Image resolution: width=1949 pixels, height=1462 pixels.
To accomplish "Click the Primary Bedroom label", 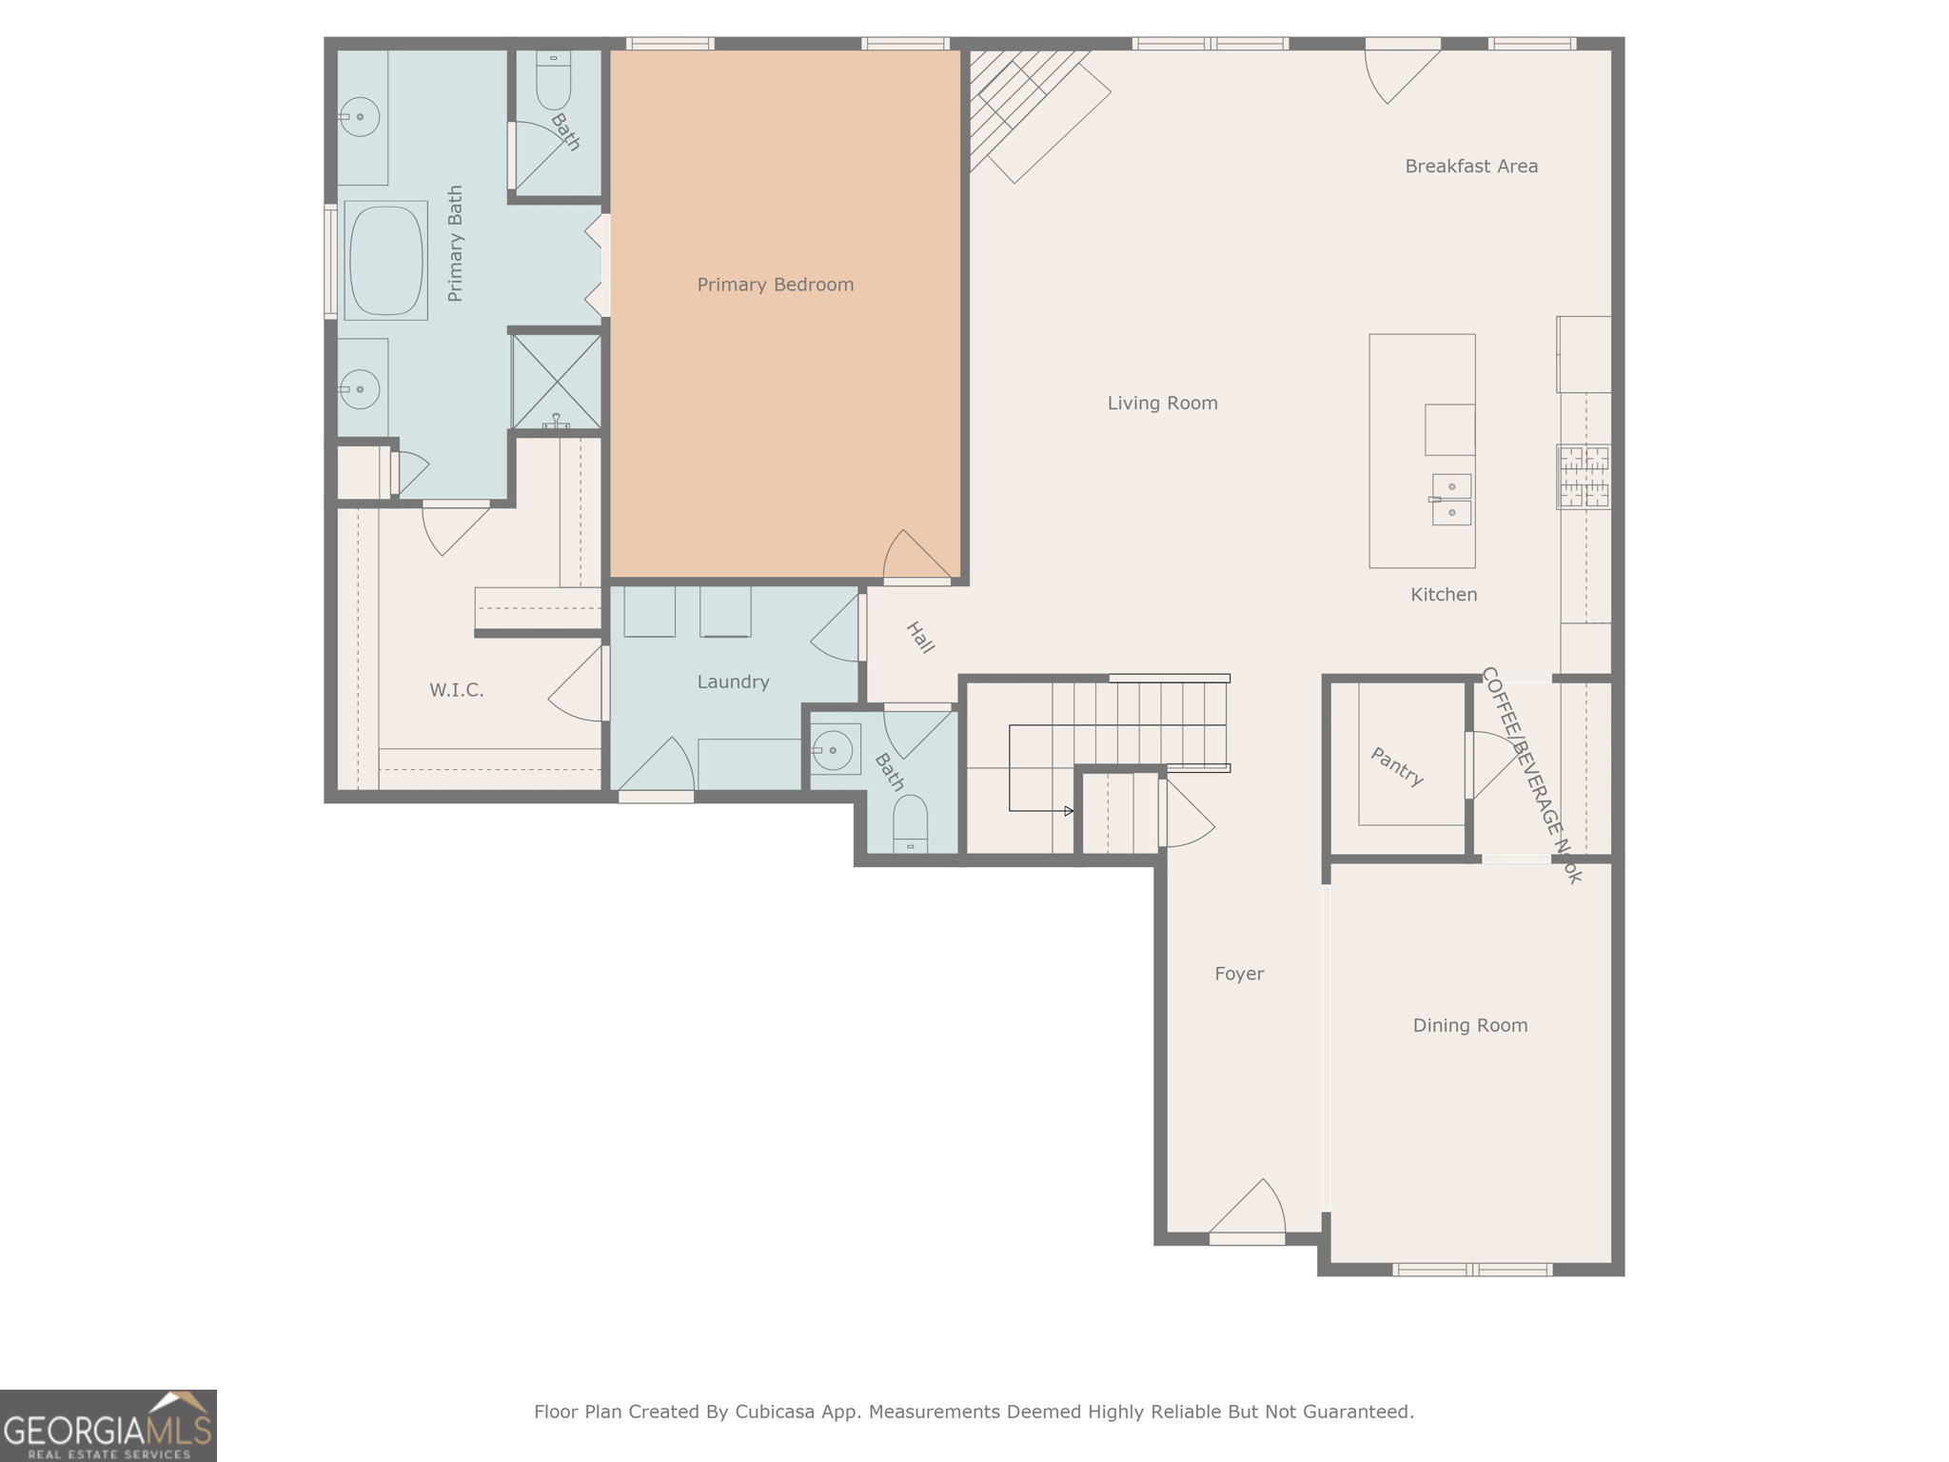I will click(775, 285).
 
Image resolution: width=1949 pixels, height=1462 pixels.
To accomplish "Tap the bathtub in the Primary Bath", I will click(385, 260).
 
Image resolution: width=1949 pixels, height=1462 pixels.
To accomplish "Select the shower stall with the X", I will click(557, 381).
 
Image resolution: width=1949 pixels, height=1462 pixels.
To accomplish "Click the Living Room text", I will click(1162, 404).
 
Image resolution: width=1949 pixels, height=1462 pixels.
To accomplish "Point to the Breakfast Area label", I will click(1470, 167).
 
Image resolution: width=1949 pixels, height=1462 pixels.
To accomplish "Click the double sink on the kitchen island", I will click(1451, 500).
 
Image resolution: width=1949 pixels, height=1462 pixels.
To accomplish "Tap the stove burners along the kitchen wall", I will click(1584, 477).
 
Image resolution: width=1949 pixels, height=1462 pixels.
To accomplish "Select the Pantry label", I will click(1397, 766).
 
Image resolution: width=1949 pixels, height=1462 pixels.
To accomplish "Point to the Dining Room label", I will click(1469, 1026).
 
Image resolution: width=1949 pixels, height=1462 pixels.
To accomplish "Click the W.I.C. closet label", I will click(457, 690).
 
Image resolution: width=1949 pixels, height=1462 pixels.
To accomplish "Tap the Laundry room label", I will click(733, 682).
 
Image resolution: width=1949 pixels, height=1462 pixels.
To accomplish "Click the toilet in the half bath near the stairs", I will click(910, 822).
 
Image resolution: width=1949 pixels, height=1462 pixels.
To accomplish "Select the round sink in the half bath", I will click(834, 750).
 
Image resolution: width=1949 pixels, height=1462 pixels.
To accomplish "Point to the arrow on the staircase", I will click(1068, 811).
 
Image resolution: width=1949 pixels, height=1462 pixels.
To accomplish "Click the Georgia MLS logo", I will click(108, 1426).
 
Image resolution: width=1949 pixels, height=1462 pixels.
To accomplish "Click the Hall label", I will click(919, 638).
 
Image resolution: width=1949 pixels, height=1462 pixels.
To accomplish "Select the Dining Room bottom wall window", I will click(1471, 1269).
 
